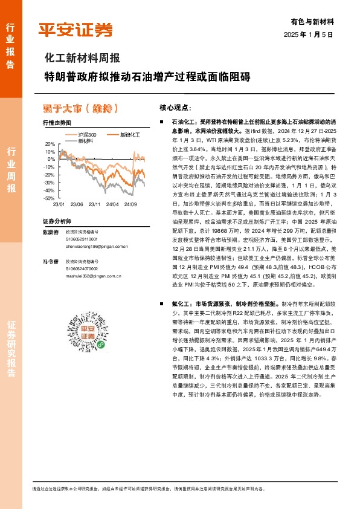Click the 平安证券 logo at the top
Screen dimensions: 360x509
75,30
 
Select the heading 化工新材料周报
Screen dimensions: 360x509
82,59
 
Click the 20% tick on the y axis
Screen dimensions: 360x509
50,144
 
